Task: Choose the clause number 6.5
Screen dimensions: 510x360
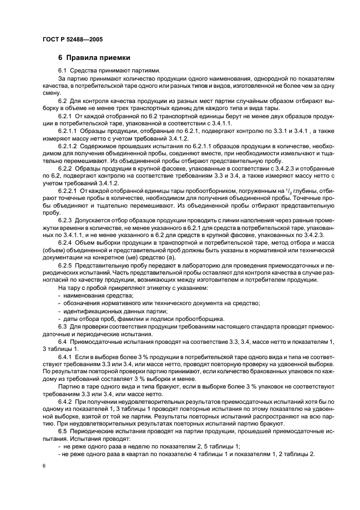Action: pos(62,430)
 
